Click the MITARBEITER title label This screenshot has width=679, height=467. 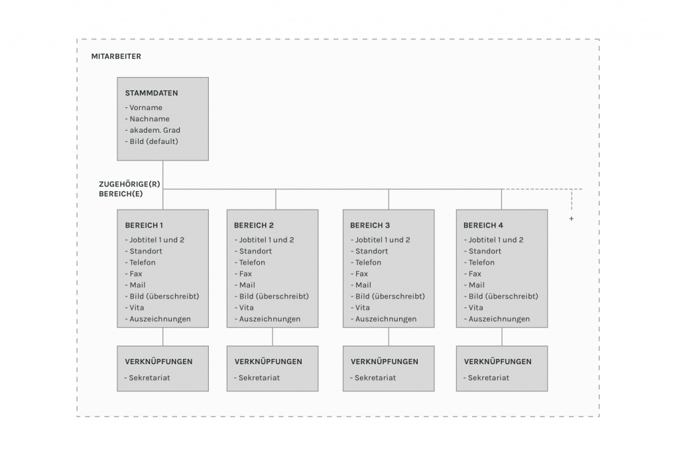116,56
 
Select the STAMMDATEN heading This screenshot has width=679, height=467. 152,93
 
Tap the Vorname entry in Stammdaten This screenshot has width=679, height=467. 144,107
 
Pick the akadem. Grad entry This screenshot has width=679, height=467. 153,130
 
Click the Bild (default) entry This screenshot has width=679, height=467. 152,141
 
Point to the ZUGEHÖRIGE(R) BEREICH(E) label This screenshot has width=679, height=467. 129,189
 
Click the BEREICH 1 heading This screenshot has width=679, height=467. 144,226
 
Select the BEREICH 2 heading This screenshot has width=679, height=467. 254,226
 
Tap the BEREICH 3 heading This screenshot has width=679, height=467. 370,226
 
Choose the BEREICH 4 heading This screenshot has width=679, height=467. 483,226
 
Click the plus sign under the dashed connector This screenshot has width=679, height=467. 571,219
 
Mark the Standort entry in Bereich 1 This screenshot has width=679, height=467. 144,251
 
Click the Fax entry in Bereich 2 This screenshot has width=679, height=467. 243,274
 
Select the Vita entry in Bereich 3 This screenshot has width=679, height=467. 360,308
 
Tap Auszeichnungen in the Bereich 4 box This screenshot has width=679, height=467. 497,319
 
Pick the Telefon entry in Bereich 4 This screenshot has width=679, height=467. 479,263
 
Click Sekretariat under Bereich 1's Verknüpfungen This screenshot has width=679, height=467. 147,377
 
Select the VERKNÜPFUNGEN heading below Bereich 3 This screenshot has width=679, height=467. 385,362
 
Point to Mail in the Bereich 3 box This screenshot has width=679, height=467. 361,285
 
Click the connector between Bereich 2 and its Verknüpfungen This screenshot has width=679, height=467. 273,336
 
